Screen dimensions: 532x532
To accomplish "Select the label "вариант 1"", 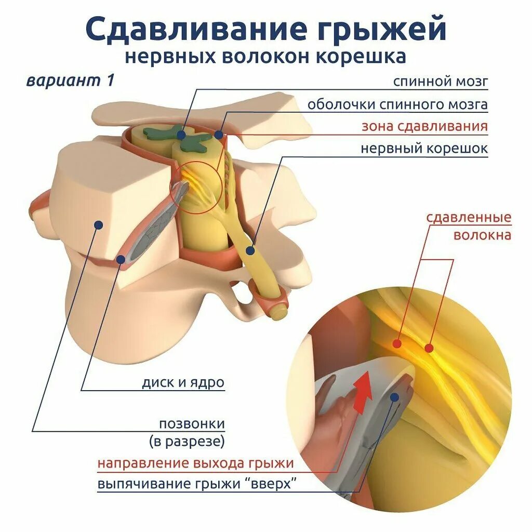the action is point(70,81).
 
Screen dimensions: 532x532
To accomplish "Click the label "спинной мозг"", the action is point(440,82).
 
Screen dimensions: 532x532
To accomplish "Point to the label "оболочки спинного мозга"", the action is point(397,104).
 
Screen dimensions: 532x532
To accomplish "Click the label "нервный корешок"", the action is point(424,149).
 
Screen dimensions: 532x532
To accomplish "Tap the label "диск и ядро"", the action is point(183,383).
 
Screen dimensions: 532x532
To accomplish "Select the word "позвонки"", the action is point(192,423).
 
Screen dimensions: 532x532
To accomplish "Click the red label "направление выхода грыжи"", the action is point(195,463).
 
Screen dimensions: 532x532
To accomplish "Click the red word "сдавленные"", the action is point(469,217).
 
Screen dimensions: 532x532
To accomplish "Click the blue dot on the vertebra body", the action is point(98,224).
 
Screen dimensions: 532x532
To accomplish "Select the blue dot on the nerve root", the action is point(250,250).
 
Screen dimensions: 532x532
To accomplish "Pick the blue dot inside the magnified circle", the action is point(395,397).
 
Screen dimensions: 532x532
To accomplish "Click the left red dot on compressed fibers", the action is point(397,343).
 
